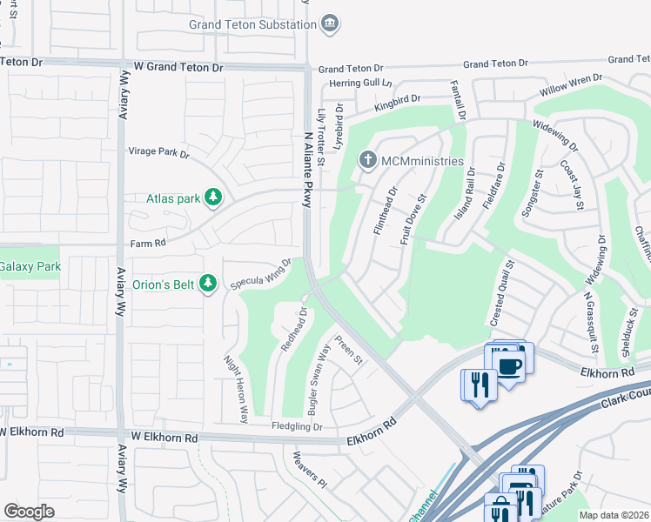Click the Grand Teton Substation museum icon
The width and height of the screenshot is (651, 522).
[330, 23]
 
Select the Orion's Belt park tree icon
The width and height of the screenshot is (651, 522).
[207, 284]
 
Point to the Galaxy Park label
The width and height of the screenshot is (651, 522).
[30, 266]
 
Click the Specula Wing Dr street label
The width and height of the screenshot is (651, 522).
[260, 274]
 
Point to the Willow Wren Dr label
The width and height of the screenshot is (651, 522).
[571, 85]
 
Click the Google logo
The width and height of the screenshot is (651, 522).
[30, 511]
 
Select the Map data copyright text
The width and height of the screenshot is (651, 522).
[614, 515]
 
